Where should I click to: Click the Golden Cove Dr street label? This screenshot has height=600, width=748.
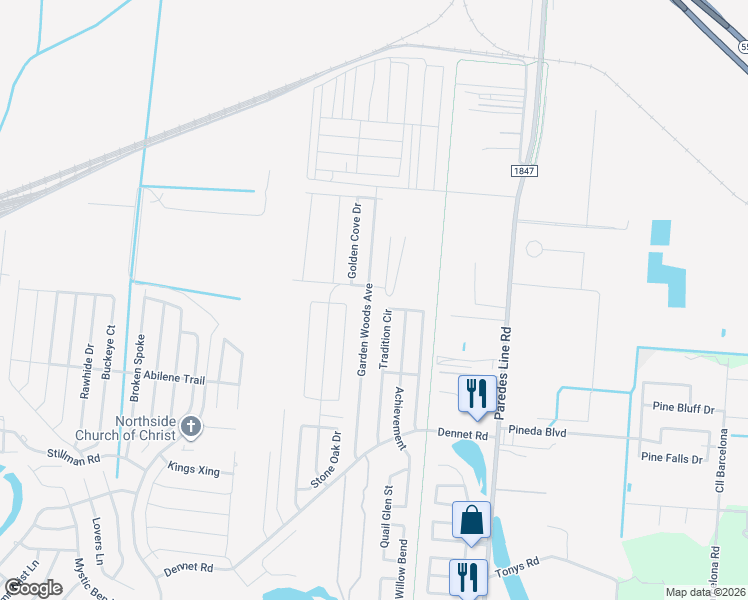(353, 239)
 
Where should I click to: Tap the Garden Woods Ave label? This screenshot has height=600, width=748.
(365, 328)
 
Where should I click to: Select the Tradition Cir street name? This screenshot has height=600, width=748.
(385, 338)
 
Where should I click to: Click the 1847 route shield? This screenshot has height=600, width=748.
(524, 171)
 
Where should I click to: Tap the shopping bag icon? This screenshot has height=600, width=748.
(471, 520)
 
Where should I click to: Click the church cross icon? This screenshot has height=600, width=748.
(192, 427)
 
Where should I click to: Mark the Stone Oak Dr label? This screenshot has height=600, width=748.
(326, 460)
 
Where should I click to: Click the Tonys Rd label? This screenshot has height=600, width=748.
(517, 566)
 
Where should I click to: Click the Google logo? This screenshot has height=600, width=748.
(33, 588)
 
